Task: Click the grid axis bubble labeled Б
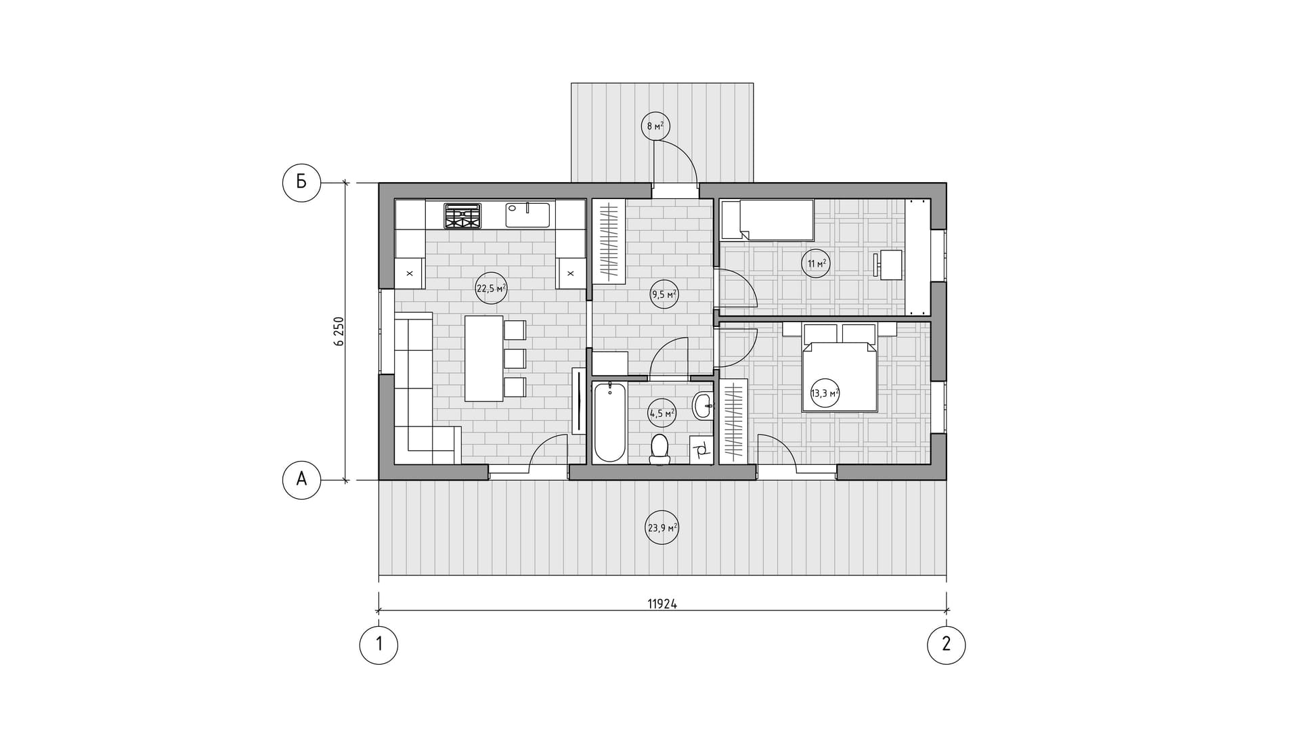tap(301, 182)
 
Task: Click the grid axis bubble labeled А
tap(301, 480)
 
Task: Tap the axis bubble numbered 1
tap(378, 644)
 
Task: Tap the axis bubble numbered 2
tap(946, 644)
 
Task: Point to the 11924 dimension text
tap(662, 604)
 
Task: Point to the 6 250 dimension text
tap(339, 332)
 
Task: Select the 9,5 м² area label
tap(664, 294)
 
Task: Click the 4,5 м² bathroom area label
tap(662, 412)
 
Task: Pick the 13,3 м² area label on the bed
tap(825, 393)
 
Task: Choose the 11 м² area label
tap(817, 263)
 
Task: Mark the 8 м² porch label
tap(655, 126)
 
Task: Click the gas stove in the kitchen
tap(462, 216)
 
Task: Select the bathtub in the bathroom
tap(609, 422)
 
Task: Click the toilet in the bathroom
tap(659, 450)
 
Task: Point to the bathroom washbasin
tap(703, 406)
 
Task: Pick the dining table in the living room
tap(484, 358)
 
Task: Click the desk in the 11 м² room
tap(890, 264)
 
